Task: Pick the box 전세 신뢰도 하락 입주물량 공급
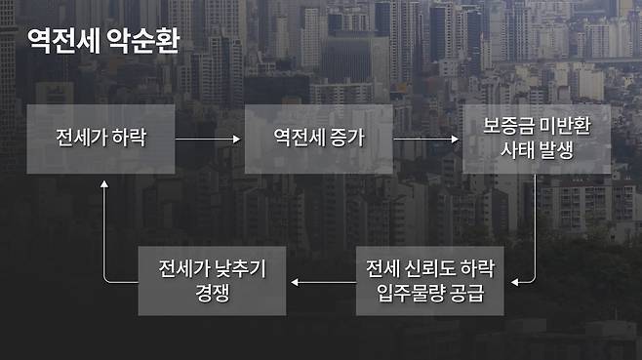pyautogui.click(x=430, y=280)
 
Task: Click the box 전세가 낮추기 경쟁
pyautogui.click(x=212, y=280)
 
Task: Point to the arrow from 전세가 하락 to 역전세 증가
pyautogui.click(x=207, y=139)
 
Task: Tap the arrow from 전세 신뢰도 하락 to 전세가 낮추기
pyautogui.click(x=322, y=282)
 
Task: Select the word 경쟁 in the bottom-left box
pyautogui.click(x=212, y=294)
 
